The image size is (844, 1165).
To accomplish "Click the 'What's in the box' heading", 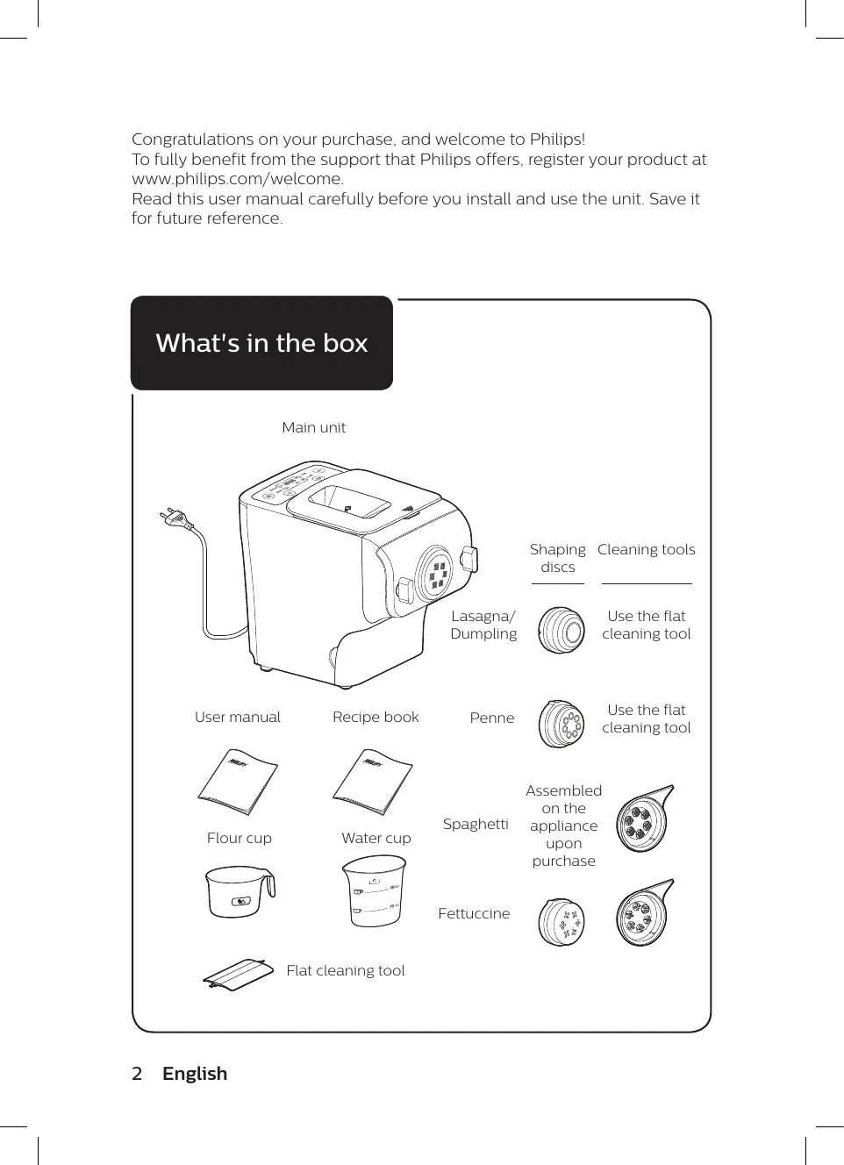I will tap(261, 343).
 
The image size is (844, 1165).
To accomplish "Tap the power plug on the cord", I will tap(176, 520).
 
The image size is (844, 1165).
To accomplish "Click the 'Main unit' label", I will tap(313, 427).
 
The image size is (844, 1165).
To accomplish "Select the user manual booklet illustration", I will tap(238, 782).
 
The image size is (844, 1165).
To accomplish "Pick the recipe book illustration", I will tap(373, 782).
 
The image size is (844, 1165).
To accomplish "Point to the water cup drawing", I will tap(374, 890).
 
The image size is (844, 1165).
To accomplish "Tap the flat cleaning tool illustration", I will tap(234, 974).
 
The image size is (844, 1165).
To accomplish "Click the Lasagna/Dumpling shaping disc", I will tap(561, 629).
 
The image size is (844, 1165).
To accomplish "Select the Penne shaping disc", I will tap(561, 724).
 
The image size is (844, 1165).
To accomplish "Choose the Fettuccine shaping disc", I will tap(561, 921).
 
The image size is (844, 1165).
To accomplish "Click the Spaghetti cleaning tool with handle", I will tap(643, 819).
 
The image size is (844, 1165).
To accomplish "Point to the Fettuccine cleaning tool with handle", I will tap(643, 913).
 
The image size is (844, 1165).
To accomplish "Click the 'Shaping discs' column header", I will tap(557, 558).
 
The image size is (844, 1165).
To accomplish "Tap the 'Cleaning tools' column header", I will tap(646, 549).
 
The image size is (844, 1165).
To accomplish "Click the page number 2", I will tap(137, 1074).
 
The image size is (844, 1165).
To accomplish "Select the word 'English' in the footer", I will tap(195, 1074).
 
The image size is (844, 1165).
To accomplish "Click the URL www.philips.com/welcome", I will tap(237, 179).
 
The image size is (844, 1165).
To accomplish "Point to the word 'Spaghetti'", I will tap(476, 824).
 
